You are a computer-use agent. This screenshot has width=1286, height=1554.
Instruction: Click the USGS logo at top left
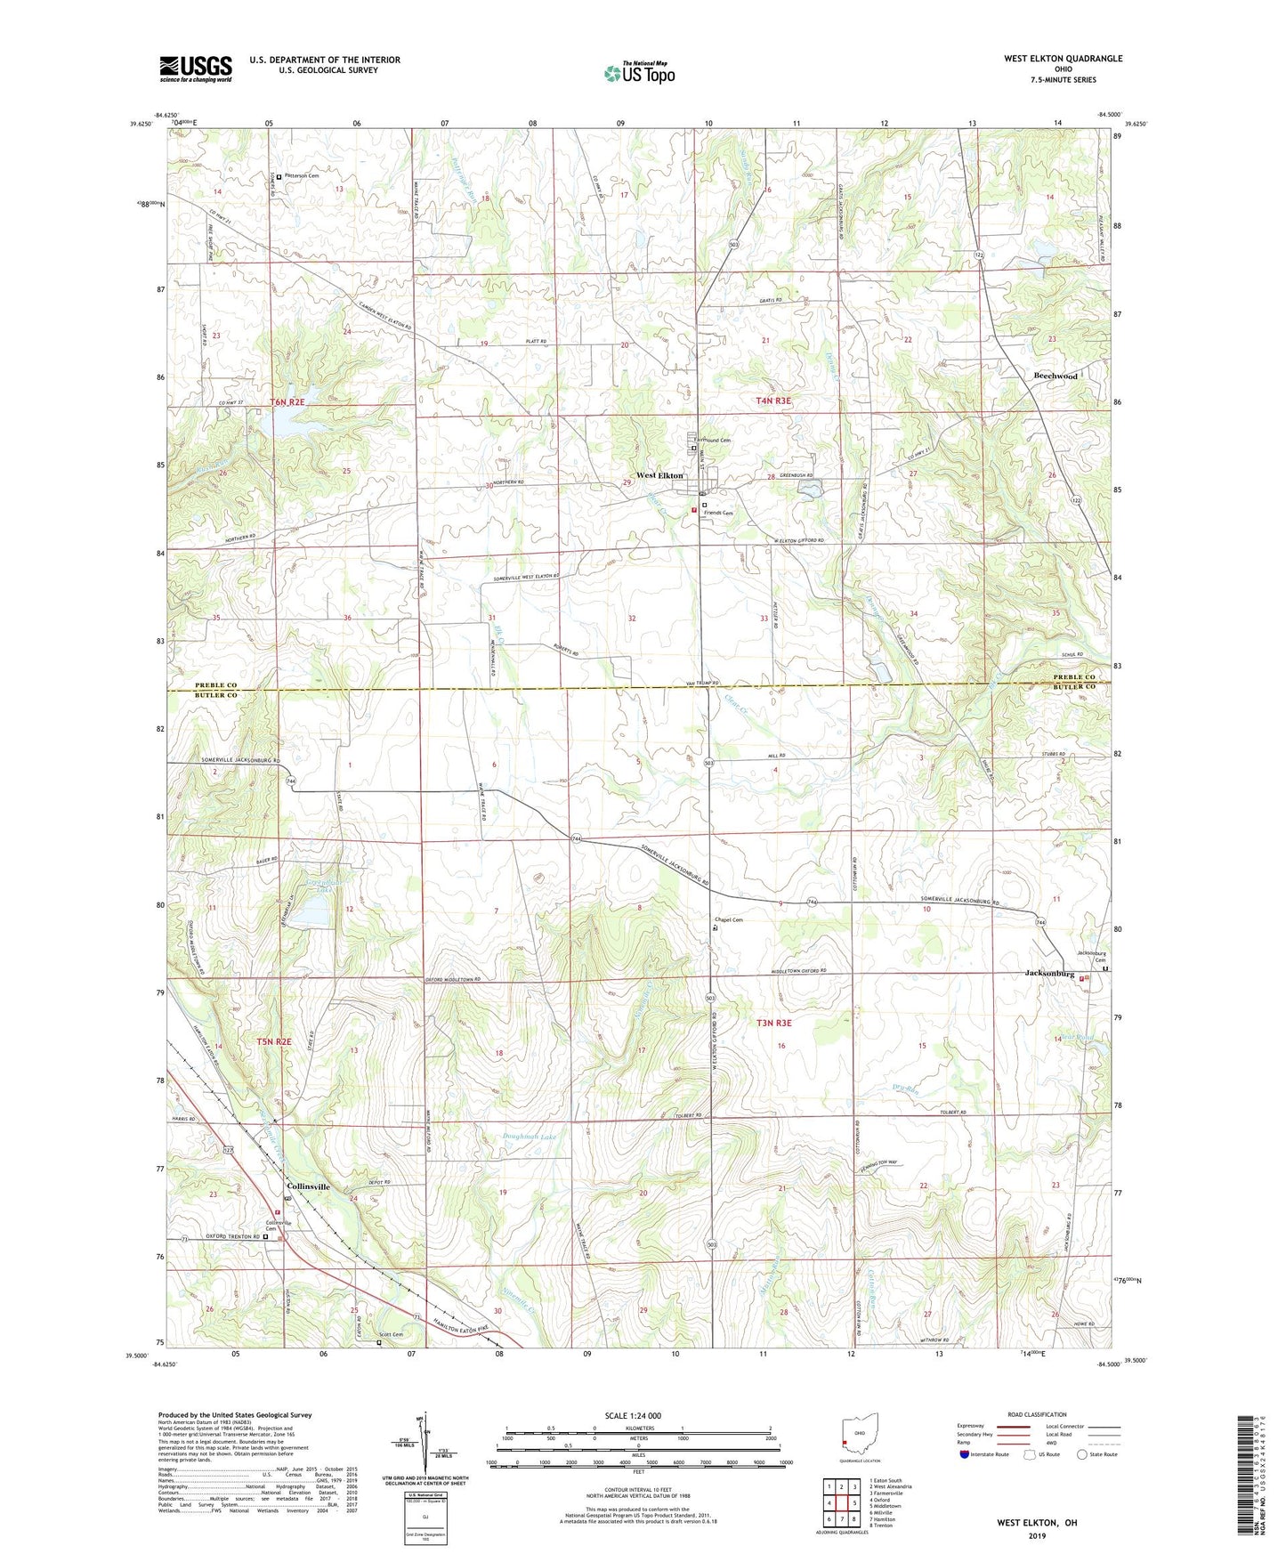196,68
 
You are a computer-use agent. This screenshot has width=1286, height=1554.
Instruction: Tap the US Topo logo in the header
639,73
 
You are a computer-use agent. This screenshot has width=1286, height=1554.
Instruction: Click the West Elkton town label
659,475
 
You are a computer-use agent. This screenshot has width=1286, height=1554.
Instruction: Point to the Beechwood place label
1055,376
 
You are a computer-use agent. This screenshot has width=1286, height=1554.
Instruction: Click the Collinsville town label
308,1187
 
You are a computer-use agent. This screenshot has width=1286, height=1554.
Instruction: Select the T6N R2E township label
287,402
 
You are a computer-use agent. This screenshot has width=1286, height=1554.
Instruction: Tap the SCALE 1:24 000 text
633,1415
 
